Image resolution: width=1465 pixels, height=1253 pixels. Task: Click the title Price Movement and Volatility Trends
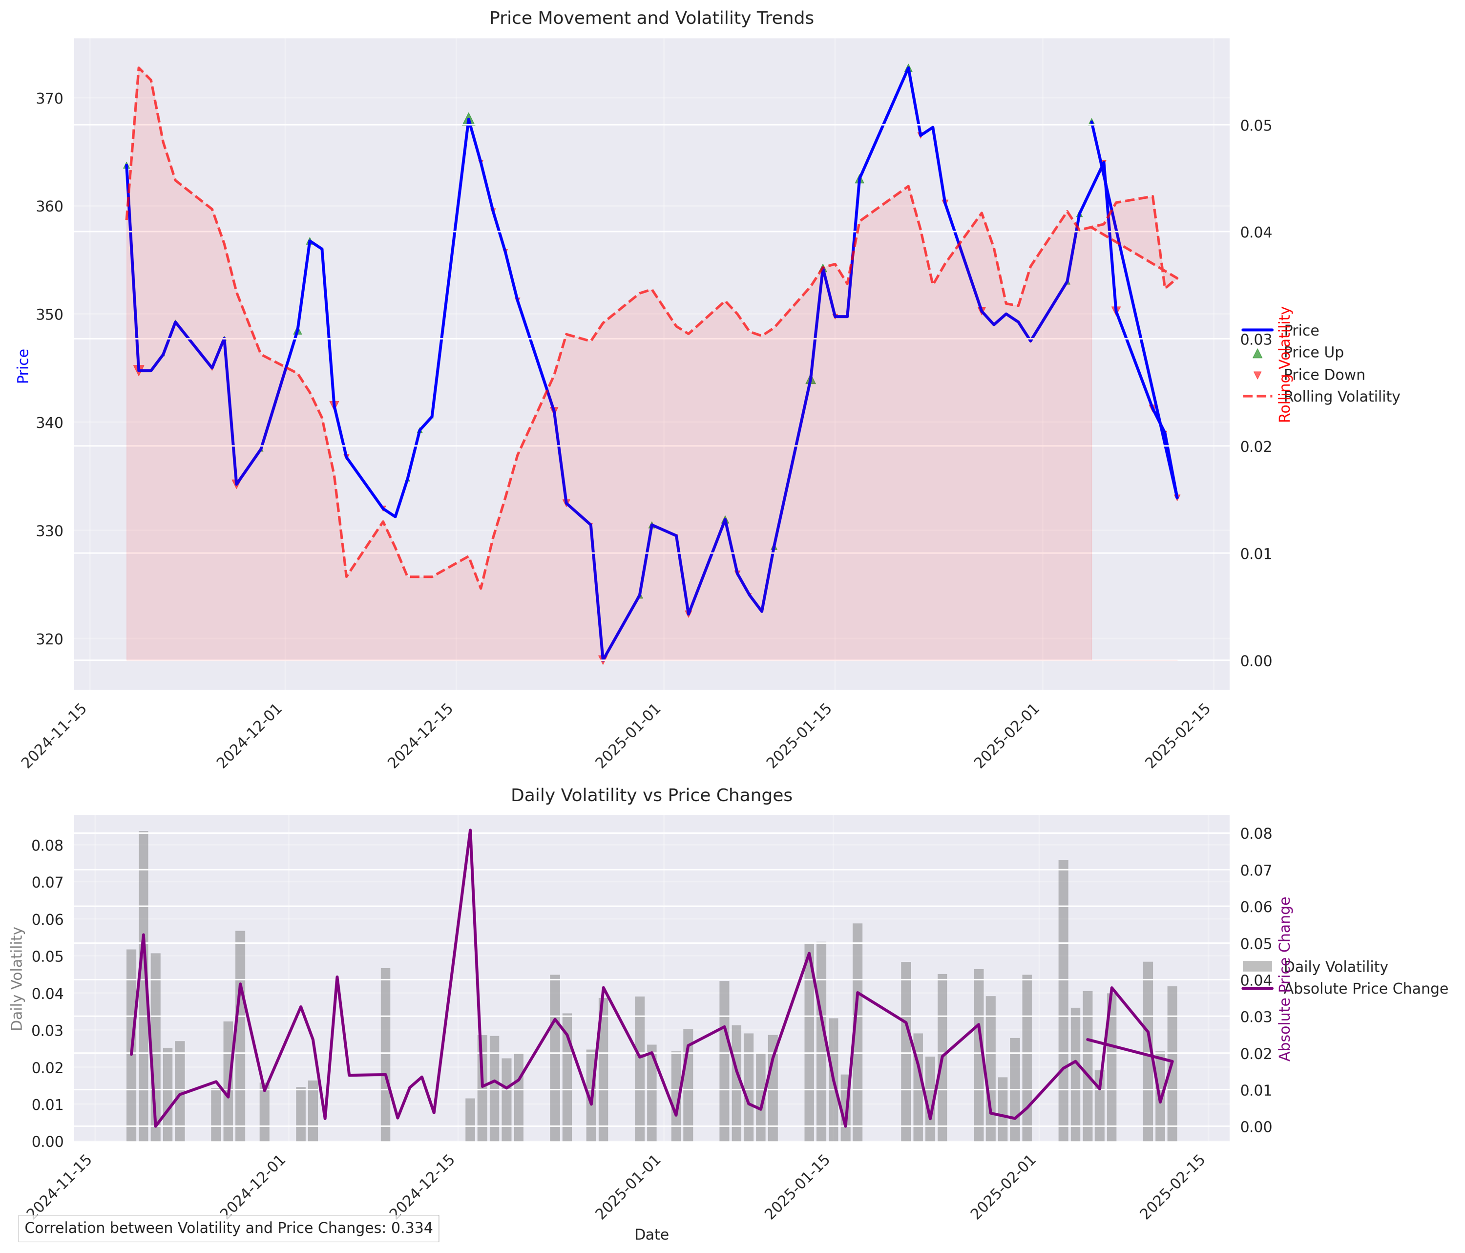[651, 19]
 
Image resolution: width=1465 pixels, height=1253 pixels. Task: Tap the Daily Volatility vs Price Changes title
[651, 795]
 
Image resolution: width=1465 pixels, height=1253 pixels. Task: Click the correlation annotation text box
[229, 1228]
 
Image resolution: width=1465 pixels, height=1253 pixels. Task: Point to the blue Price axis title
[23, 365]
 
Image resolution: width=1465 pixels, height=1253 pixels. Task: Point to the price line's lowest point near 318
[603, 659]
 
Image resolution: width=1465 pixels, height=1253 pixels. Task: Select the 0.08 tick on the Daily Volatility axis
[49, 846]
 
